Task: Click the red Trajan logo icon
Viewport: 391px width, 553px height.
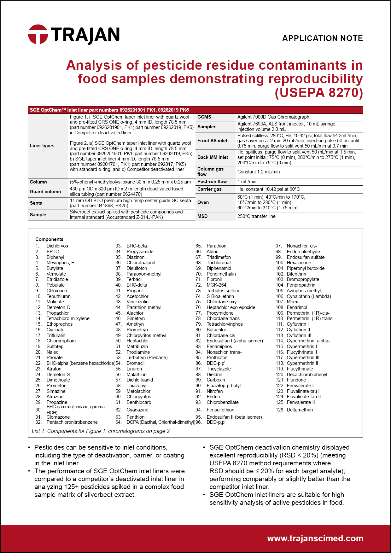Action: coord(38,34)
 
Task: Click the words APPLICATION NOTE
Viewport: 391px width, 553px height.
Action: coord(322,38)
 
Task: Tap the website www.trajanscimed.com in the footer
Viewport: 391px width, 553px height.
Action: coord(315,538)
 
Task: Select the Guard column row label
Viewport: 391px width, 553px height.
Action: coord(45,192)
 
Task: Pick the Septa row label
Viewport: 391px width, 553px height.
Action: coord(36,203)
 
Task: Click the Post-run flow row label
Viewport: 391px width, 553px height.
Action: coord(212,182)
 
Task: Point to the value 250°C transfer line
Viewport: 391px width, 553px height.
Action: coord(256,216)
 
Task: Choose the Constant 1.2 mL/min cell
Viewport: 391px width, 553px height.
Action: coord(259,172)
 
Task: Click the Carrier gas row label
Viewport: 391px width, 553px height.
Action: coord(209,189)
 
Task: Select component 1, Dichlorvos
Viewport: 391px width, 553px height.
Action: coord(57,246)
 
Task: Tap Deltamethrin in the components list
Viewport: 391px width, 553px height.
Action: coord(300,410)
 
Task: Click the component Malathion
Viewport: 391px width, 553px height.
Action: coord(137,375)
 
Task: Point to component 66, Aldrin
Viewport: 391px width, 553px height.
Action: coord(212,252)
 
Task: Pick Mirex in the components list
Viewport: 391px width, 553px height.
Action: coord(292,302)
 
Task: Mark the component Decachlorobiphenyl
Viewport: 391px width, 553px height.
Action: coord(307,375)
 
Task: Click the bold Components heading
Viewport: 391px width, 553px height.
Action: coord(49,239)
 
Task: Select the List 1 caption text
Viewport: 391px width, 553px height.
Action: coord(101,431)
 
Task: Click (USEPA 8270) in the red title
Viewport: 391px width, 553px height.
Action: coord(319,93)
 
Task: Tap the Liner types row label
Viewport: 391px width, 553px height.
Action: coord(42,146)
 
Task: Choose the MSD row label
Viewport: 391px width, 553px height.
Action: coord(202,216)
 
